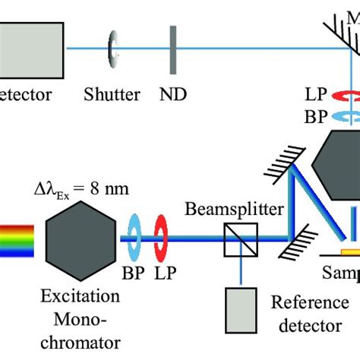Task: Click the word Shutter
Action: pyautogui.click(x=112, y=94)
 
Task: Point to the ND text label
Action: pyautogui.click(x=173, y=94)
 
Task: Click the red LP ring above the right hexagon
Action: pyautogui.click(x=345, y=97)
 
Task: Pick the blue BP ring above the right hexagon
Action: pyautogui.click(x=345, y=117)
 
